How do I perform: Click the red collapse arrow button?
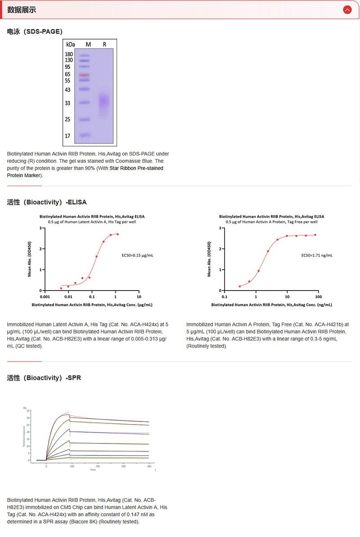(347, 9)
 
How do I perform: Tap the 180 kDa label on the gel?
(69, 54)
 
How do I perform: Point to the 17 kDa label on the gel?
(68, 135)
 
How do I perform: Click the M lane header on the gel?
(88, 44)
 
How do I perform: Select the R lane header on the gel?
(104, 44)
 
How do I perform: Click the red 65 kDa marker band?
(85, 74)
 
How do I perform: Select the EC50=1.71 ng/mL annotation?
(317, 255)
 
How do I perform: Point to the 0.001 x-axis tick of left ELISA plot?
(45, 297)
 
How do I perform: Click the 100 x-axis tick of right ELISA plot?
(318, 297)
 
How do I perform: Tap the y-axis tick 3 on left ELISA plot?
(40, 228)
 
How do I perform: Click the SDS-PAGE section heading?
(35, 31)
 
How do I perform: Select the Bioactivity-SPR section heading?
(44, 378)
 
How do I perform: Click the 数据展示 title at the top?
(22, 9)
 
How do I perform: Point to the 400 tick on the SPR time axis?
(148, 467)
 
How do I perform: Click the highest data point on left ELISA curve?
(117, 234)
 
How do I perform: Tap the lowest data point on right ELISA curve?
(240, 286)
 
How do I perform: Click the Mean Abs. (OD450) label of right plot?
(209, 259)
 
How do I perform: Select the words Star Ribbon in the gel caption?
(124, 168)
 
